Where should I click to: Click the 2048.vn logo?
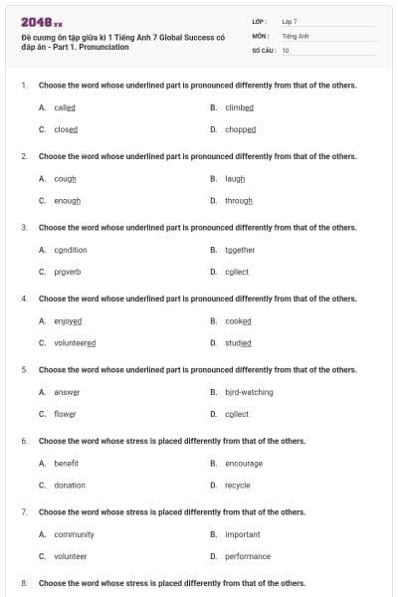click(x=35, y=22)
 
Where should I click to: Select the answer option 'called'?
click(x=65, y=107)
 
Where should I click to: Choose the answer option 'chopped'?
click(x=240, y=129)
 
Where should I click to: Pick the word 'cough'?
click(x=65, y=179)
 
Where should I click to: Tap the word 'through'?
click(x=239, y=200)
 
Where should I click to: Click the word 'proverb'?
click(x=68, y=272)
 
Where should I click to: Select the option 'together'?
click(x=240, y=250)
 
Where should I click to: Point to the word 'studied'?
click(x=238, y=342)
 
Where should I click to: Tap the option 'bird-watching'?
click(x=249, y=392)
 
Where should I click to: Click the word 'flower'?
click(x=65, y=414)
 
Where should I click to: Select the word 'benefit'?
click(x=67, y=464)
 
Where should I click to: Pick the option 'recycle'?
click(x=238, y=485)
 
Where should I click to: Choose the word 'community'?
click(x=74, y=534)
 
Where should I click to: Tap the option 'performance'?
click(x=248, y=556)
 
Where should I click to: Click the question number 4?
click(x=24, y=298)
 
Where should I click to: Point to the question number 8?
click(x=24, y=582)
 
